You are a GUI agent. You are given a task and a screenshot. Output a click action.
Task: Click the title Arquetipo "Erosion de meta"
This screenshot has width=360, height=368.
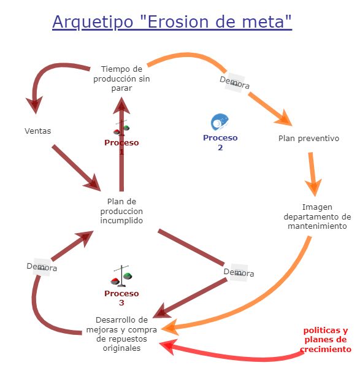172,22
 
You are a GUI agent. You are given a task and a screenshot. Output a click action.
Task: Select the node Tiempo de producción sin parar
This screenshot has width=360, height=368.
121,79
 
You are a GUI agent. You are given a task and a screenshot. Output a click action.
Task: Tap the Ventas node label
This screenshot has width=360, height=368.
38,131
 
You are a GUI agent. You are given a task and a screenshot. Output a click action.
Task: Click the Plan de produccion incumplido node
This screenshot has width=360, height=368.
121,210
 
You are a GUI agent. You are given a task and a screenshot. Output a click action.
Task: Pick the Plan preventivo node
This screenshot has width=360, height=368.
308,138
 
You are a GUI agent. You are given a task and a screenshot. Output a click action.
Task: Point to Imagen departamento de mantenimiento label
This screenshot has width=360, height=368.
317,217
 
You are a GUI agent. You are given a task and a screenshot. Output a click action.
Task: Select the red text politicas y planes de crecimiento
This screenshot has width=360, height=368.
326,340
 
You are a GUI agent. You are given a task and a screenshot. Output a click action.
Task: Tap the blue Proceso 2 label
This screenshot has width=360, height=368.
220,142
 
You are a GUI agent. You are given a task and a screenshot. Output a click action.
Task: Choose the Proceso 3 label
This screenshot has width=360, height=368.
121,297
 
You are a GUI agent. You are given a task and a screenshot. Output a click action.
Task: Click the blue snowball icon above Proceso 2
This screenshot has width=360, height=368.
220,121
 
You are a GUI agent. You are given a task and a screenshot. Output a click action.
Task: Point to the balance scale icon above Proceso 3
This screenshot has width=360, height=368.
121,277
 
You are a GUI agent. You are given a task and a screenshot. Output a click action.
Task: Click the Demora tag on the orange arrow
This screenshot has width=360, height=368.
234,82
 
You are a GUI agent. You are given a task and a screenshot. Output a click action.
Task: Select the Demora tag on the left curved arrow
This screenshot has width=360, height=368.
42,267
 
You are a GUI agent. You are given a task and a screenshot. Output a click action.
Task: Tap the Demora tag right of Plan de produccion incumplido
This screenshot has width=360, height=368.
239,272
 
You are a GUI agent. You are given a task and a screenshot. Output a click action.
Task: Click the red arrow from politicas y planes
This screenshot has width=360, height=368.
233,355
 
